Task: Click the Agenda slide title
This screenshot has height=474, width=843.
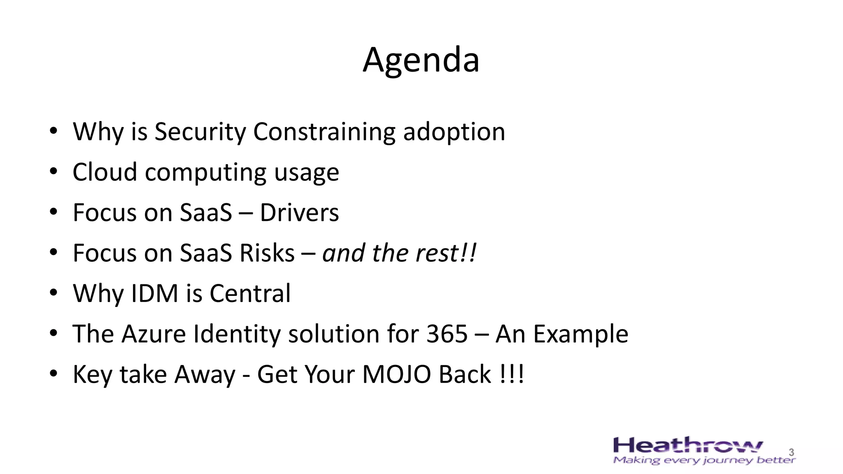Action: pyautogui.click(x=421, y=60)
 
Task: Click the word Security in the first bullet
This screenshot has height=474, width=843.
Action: pyautogui.click(x=200, y=132)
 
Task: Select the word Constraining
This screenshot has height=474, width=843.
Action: pyautogui.click(x=324, y=132)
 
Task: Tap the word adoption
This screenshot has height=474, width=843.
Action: pyautogui.click(x=454, y=132)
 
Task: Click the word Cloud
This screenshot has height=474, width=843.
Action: pyautogui.click(x=105, y=172)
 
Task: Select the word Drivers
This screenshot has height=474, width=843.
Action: pyautogui.click(x=299, y=212)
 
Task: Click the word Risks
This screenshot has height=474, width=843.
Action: pyautogui.click(x=267, y=253)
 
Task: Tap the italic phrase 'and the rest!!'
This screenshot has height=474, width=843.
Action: pyautogui.click(x=399, y=253)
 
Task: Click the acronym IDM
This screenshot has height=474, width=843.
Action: pyautogui.click(x=154, y=293)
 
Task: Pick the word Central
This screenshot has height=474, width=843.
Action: pyautogui.click(x=250, y=293)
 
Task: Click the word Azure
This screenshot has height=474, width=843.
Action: pyautogui.click(x=154, y=333)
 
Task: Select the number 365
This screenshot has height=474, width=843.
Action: pyautogui.click(x=447, y=333)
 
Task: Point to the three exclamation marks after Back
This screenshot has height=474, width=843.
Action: pyautogui.click(x=512, y=374)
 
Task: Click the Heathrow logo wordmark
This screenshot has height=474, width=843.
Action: pyautogui.click(x=687, y=446)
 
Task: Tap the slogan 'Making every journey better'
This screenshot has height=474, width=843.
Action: pyautogui.click(x=704, y=460)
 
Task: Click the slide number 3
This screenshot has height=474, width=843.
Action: pyautogui.click(x=791, y=452)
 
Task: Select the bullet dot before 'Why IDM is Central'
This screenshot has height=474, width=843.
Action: pyautogui.click(x=53, y=293)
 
